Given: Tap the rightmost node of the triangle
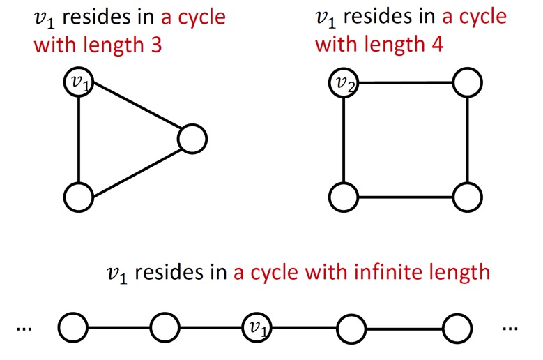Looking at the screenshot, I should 192,140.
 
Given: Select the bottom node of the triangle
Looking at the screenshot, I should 78,197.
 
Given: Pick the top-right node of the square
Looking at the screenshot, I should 467,84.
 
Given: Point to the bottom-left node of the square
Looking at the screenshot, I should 343,197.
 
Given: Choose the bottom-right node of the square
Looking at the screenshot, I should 467,197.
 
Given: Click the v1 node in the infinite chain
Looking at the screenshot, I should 257,326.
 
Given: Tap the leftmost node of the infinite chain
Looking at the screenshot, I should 73,326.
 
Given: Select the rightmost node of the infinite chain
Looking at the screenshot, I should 457,326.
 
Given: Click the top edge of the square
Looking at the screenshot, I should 405,83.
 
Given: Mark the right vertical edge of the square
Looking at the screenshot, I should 467,140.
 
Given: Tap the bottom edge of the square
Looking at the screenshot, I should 405,197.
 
